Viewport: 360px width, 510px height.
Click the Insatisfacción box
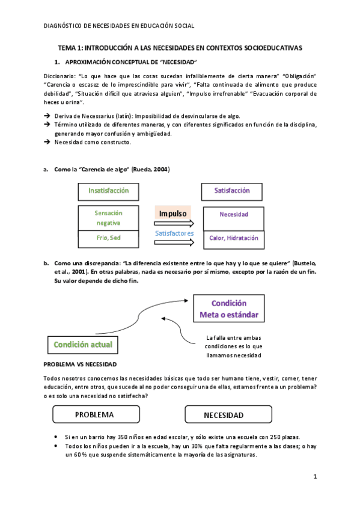(x=108, y=191)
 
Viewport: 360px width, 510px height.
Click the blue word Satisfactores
(x=174, y=233)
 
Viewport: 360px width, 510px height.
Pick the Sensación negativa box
(x=108, y=217)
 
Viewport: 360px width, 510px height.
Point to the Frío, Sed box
(x=108, y=238)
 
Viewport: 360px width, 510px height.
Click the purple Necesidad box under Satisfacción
(x=233, y=215)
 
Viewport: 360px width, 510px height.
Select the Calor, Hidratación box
(x=233, y=238)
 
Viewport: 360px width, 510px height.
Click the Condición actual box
(x=83, y=345)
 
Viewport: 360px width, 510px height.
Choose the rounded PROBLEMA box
(x=96, y=414)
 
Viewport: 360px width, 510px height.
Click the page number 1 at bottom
(x=314, y=477)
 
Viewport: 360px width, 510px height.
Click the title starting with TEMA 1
(x=180, y=47)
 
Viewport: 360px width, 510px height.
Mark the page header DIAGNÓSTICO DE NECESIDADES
(x=120, y=25)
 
